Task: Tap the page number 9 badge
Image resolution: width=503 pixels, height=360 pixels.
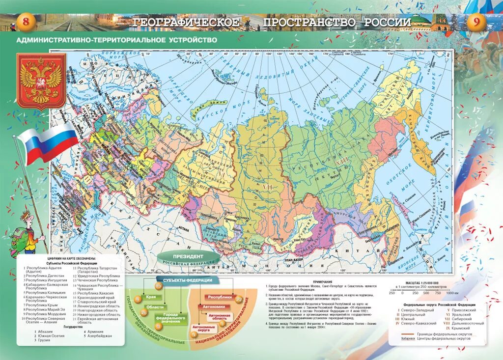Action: pyautogui.click(x=476, y=22)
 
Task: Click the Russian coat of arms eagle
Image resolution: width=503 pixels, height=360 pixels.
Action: pyautogui.click(x=41, y=81)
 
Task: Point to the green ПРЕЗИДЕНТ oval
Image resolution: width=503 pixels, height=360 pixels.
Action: pyautogui.click(x=188, y=257)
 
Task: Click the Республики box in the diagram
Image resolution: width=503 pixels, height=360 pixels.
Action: pyautogui.click(x=220, y=298)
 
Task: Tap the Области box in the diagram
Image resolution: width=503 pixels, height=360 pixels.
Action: pyautogui.click(x=155, y=307)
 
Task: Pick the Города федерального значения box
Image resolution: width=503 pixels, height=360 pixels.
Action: pyautogui.click(x=171, y=318)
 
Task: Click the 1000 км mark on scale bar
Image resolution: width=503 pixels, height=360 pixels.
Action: pyautogui.click(x=451, y=293)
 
